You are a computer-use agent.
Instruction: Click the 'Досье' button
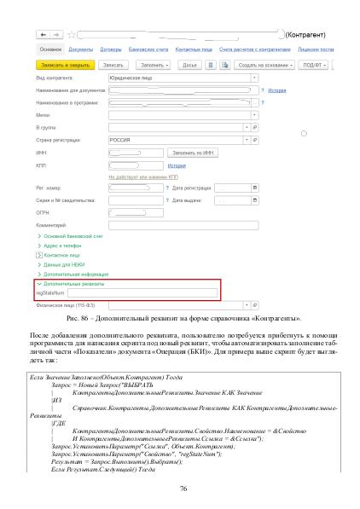tap(189, 64)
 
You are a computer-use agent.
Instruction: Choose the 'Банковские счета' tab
tap(148, 50)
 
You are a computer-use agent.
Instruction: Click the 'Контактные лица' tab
tap(192, 50)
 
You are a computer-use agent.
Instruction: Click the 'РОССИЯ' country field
tap(175, 138)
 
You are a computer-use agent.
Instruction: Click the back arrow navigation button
tap(42, 35)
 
